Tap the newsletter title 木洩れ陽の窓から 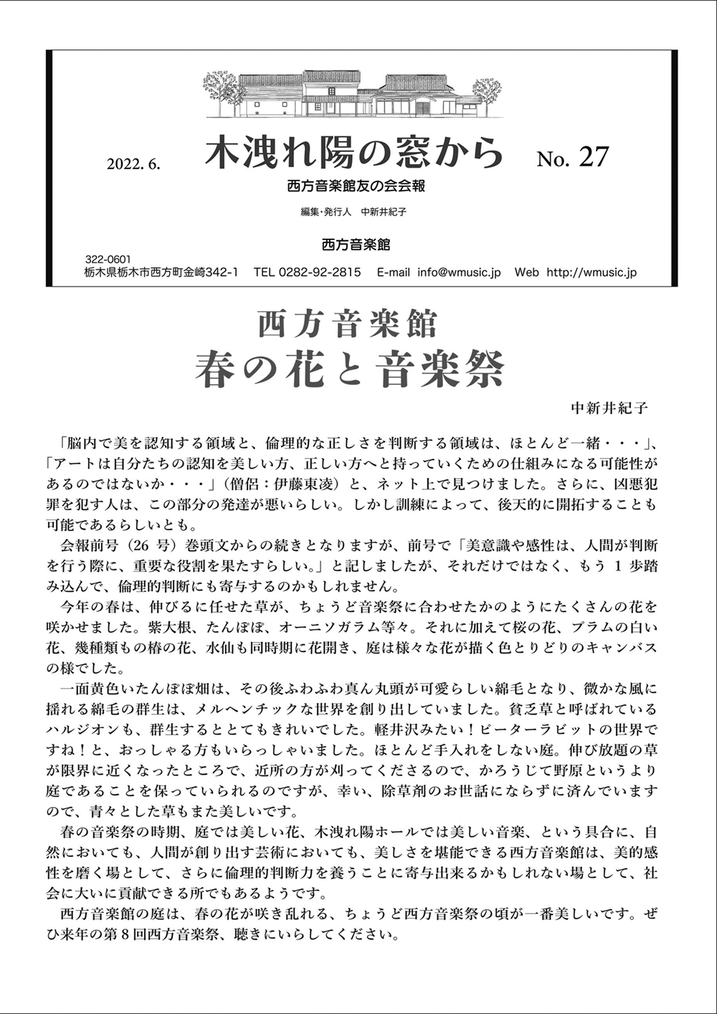pos(353,153)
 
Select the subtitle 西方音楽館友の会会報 pos(356,186)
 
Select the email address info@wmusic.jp pos(459,272)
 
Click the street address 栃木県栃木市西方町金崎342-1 pos(161,272)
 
